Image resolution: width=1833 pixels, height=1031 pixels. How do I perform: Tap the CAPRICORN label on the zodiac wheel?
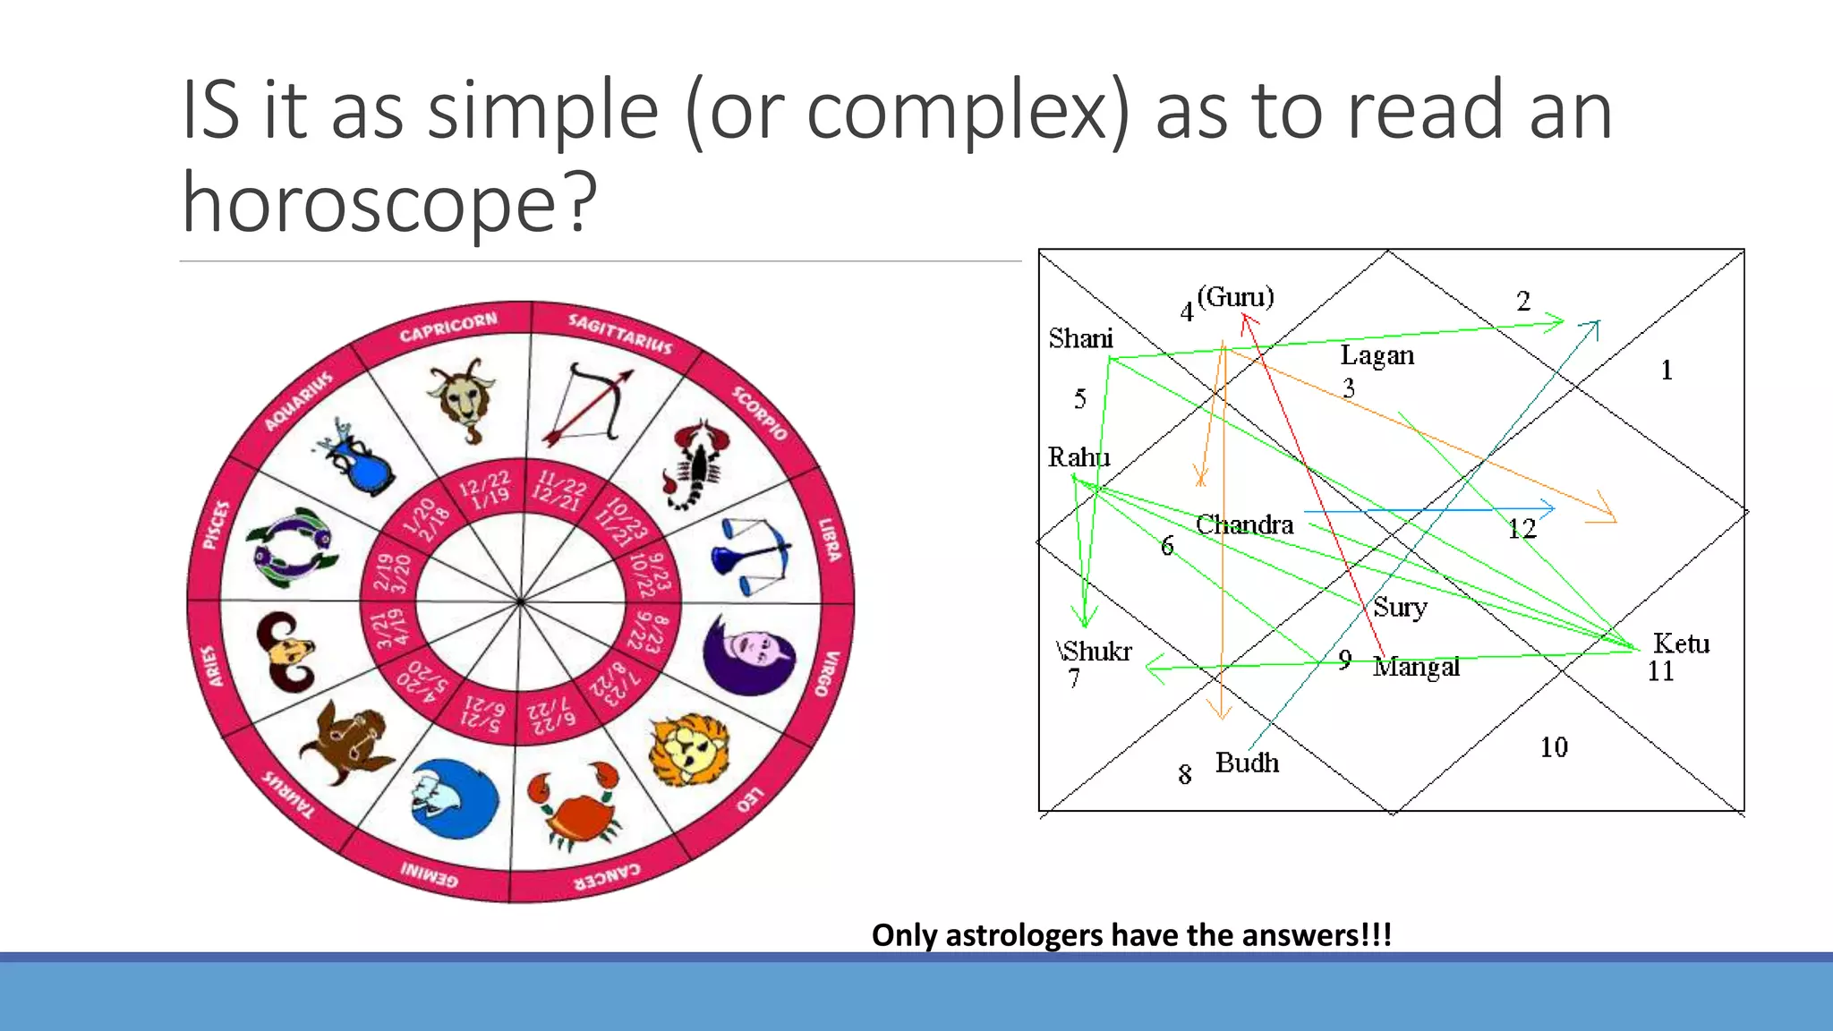point(448,328)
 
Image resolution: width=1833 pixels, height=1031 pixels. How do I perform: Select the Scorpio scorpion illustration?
point(695,463)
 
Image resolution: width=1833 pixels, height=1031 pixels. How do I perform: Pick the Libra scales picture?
point(751,555)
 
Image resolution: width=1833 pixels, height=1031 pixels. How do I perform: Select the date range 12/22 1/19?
point(484,489)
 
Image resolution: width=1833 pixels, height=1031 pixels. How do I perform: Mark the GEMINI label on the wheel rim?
point(429,873)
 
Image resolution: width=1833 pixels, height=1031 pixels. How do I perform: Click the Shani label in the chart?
point(1080,338)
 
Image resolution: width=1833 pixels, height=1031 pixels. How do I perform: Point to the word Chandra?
point(1244,524)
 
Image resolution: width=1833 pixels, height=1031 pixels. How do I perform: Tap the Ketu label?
point(1681,643)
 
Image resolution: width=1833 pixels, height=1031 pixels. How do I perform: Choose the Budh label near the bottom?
point(1247,763)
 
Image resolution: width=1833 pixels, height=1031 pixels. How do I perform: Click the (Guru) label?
point(1235,296)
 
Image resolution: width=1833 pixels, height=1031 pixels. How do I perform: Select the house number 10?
point(1554,747)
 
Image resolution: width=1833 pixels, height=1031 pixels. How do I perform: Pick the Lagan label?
point(1377,355)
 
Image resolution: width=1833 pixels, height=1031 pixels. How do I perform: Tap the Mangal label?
point(1416,667)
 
